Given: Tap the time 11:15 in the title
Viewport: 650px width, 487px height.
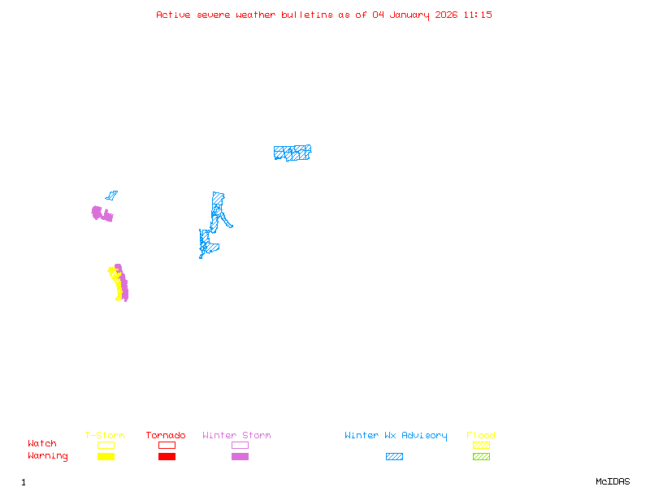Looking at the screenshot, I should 477,15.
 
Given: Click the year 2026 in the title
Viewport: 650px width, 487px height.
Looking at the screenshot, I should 446,15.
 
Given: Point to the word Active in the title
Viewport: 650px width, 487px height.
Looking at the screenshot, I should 173,15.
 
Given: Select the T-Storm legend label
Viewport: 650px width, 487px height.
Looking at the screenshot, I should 105,436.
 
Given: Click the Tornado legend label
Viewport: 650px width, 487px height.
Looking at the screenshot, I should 166,436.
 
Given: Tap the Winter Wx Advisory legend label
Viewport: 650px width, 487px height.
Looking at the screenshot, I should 396,436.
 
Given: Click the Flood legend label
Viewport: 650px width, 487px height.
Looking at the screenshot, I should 481,436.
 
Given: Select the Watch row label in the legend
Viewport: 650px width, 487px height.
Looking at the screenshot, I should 42,444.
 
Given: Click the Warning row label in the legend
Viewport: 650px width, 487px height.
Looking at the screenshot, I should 48,456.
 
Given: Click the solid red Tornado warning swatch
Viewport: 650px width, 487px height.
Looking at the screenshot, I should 167,457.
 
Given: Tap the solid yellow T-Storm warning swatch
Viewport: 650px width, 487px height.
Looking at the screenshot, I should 106,457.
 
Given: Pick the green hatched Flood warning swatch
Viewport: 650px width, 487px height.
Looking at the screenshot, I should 481,457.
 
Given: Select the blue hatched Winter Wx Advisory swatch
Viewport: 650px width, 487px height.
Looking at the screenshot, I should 394,457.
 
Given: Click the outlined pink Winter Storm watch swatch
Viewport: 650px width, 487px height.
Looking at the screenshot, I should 240,445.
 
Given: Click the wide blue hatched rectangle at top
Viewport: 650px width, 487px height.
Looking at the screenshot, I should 292,153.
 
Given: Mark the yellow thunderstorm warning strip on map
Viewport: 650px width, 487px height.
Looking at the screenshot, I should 119,285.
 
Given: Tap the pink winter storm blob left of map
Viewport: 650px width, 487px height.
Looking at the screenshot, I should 102,213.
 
